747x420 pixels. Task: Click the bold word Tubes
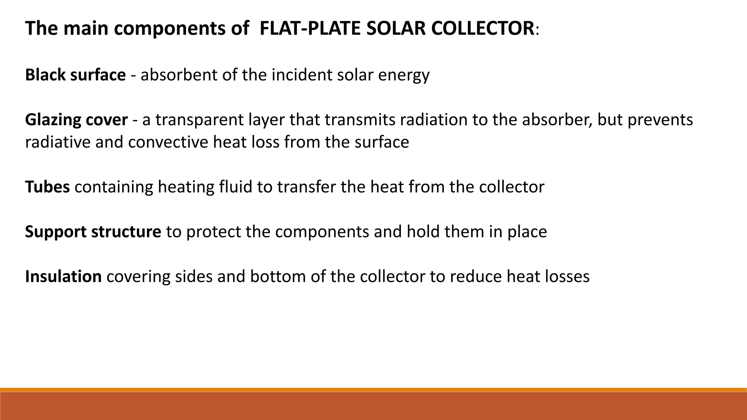pyautogui.click(x=47, y=187)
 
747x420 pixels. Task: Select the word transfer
pyautogui.click(x=306, y=187)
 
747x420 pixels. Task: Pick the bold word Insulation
pyautogui.click(x=63, y=276)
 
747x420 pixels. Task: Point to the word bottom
pyautogui.click(x=278, y=276)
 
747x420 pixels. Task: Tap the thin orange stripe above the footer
pyautogui.click(x=373, y=389)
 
